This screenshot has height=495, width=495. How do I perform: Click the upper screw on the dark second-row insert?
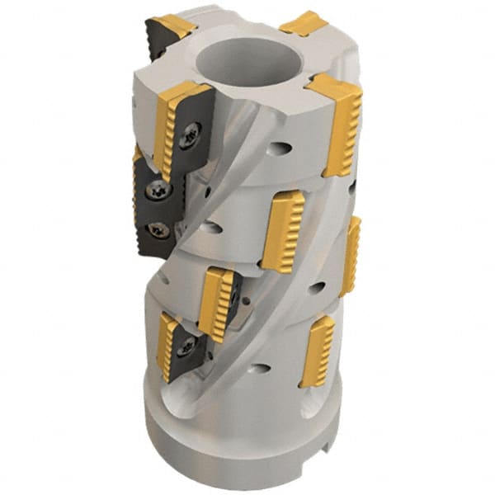pyautogui.click(x=156, y=191)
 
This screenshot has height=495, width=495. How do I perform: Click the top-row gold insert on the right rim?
pyautogui.click(x=337, y=120)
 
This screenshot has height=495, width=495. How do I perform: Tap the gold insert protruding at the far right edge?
pyautogui.click(x=350, y=256)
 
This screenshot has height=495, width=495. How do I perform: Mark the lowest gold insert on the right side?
pyautogui.click(x=318, y=351)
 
